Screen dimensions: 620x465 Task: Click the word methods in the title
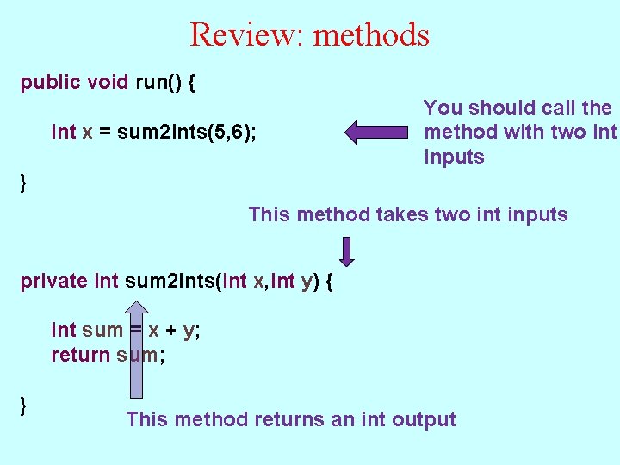[x=371, y=34]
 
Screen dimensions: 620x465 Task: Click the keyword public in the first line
[x=51, y=83]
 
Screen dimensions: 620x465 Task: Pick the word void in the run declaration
[x=108, y=83]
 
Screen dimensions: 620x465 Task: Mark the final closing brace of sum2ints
[x=25, y=403]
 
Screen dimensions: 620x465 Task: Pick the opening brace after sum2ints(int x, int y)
[x=328, y=282]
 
